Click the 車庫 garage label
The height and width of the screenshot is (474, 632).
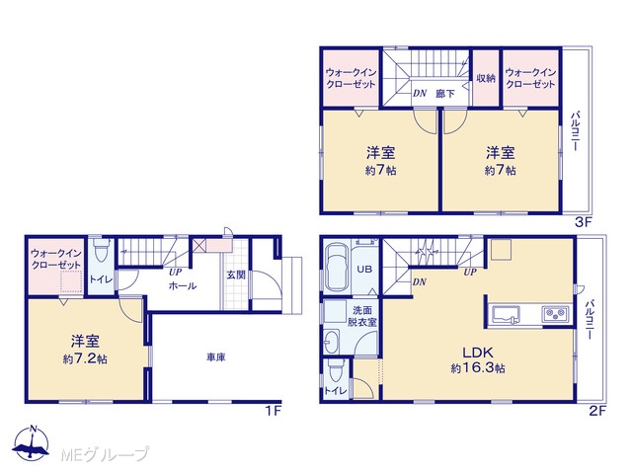[x=216, y=357]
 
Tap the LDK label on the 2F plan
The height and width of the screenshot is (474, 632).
[x=478, y=353]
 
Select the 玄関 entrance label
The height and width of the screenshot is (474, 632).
[x=236, y=275]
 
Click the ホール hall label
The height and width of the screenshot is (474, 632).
[x=182, y=286]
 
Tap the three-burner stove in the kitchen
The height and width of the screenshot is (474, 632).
[x=555, y=314]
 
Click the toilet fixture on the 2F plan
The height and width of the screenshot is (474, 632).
[x=336, y=371]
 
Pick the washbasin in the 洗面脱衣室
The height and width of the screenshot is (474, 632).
[x=332, y=343]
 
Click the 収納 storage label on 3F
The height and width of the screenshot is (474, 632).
[x=486, y=78]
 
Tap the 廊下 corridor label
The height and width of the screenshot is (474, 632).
[x=445, y=94]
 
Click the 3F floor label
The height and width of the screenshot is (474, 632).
[x=583, y=222]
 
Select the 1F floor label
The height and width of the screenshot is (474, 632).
[x=273, y=411]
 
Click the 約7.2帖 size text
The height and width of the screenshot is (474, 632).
[x=85, y=358]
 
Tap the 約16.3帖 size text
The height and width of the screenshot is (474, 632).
[x=478, y=368]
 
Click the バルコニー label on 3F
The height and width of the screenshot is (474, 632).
[x=575, y=131]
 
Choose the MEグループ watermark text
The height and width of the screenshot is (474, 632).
[x=105, y=454]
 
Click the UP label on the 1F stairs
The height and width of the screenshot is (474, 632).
[x=176, y=273]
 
